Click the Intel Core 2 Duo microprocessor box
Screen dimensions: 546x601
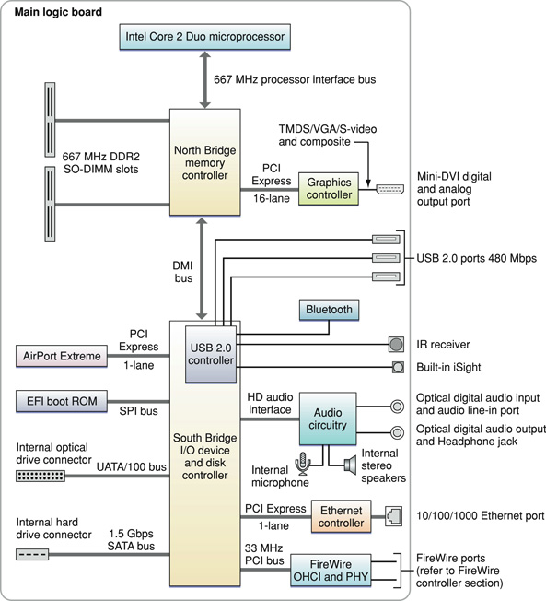pyautogui.click(x=204, y=37)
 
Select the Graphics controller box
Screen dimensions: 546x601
pyautogui.click(x=329, y=189)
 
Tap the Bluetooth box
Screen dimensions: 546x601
pyautogui.click(x=329, y=310)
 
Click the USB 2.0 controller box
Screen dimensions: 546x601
pyautogui.click(x=211, y=354)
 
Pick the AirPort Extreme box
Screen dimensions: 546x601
pyautogui.click(x=62, y=356)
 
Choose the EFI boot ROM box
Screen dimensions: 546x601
pyautogui.click(x=62, y=401)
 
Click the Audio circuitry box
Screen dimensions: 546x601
pyautogui.click(x=328, y=418)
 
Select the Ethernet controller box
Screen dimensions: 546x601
pyautogui.click(x=342, y=517)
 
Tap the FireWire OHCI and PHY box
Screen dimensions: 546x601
pyautogui.click(x=331, y=571)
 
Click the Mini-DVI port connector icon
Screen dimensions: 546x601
pyautogui.click(x=389, y=189)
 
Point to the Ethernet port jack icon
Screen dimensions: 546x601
pyautogui.click(x=393, y=516)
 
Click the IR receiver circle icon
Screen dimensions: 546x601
pyautogui.click(x=396, y=344)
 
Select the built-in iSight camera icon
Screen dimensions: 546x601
pyautogui.click(x=398, y=367)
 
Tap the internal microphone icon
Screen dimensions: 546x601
pyautogui.click(x=303, y=464)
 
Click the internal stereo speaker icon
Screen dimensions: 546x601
pyautogui.click(x=351, y=465)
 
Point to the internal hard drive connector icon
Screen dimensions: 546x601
pyautogui.click(x=32, y=554)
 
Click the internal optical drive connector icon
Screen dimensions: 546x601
pyautogui.click(x=41, y=476)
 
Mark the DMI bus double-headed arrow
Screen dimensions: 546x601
pyautogui.click(x=202, y=268)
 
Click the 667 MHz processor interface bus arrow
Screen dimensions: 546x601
pyautogui.click(x=205, y=79)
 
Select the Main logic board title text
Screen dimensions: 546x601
pyautogui.click(x=58, y=12)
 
